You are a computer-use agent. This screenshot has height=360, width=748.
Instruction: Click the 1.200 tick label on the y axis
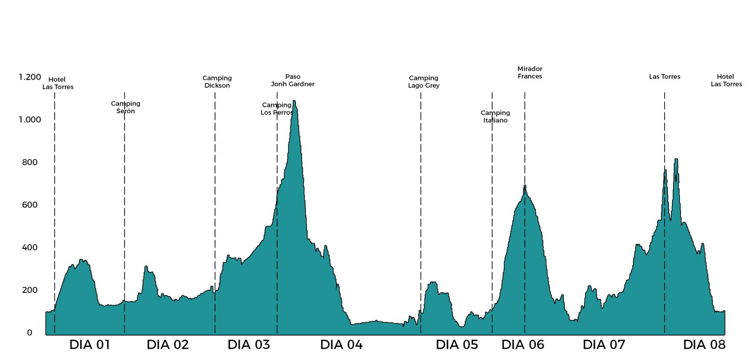[x=30, y=77]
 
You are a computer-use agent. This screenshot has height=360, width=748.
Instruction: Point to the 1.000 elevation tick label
[x=30, y=120]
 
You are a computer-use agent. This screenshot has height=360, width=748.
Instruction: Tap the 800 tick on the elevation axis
[x=30, y=162]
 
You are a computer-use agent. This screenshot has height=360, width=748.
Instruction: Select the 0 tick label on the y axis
[x=30, y=333]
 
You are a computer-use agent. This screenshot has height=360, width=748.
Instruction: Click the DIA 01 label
[x=90, y=345]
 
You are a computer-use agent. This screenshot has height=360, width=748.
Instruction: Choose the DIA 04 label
[x=341, y=345]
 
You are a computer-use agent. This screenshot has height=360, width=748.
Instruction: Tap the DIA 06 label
[x=523, y=345]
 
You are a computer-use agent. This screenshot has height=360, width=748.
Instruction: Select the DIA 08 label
[x=704, y=345]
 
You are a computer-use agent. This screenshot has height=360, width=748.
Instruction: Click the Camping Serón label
[x=125, y=107]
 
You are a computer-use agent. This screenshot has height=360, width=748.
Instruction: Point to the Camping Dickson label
[x=217, y=82]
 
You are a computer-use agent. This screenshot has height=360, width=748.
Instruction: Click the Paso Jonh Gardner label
[x=293, y=80]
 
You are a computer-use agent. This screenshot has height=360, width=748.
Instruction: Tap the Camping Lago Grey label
[x=423, y=82]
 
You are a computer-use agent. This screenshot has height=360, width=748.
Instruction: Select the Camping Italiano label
[x=495, y=116]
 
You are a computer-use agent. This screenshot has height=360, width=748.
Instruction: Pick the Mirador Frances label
[x=530, y=72]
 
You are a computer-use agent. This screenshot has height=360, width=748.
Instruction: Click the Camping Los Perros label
[x=277, y=109]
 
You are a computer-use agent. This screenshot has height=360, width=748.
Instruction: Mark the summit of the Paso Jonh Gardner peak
[x=294, y=101]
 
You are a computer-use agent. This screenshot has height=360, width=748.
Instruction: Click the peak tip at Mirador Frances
[x=525, y=185]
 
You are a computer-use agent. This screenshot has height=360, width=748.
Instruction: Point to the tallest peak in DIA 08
[x=676, y=159]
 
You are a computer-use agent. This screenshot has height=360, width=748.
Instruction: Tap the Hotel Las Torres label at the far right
[x=726, y=80]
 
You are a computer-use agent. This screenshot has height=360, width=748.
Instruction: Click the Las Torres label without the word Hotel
[x=665, y=77]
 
